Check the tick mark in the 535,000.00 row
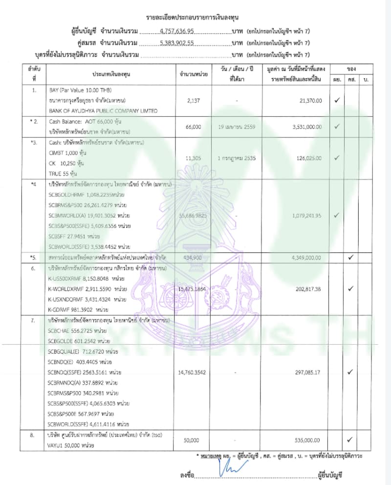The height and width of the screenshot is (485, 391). (x=351, y=440)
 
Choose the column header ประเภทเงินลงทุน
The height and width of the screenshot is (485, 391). (x=111, y=74)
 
